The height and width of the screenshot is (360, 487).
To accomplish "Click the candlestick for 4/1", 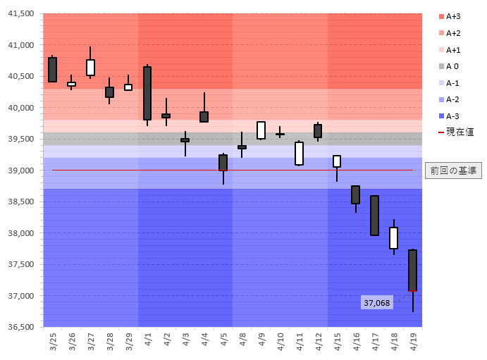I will click(x=147, y=93).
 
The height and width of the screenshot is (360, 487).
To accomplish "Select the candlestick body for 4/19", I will click(x=412, y=270).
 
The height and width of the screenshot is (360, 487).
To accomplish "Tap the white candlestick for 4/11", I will click(x=299, y=154).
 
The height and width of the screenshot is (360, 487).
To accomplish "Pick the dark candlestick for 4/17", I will click(x=374, y=216).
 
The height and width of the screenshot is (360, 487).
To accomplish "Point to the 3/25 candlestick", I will click(x=53, y=70).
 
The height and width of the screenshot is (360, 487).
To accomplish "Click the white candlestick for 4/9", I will click(x=261, y=130).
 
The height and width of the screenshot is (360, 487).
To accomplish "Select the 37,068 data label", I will click(x=376, y=303).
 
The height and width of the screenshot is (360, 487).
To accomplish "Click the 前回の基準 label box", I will click(x=453, y=170).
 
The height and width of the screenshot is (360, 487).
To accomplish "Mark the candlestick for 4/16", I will click(x=355, y=194).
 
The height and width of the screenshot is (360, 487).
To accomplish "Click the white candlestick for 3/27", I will click(x=91, y=67).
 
